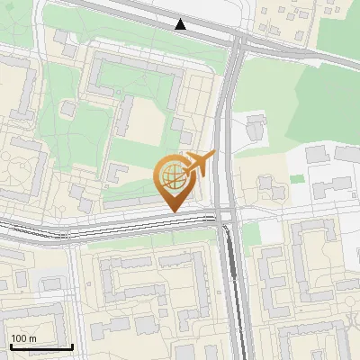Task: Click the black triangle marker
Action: point(181,24)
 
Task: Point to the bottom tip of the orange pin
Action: point(173,211)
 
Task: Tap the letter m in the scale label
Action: point(33,338)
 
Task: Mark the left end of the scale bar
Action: point(10,346)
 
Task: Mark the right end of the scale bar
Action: point(72,346)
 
